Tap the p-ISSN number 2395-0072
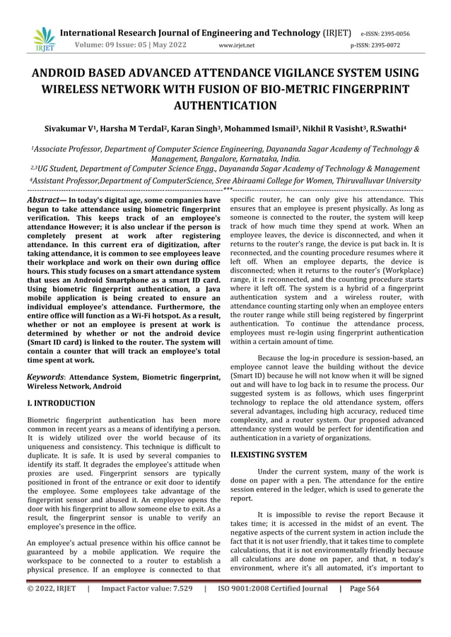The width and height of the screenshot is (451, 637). coord(394,46)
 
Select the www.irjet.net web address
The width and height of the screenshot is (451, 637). coord(237,46)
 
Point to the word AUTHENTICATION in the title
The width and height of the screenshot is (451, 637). coord(225,106)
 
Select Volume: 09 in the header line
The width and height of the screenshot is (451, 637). coord(97,46)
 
